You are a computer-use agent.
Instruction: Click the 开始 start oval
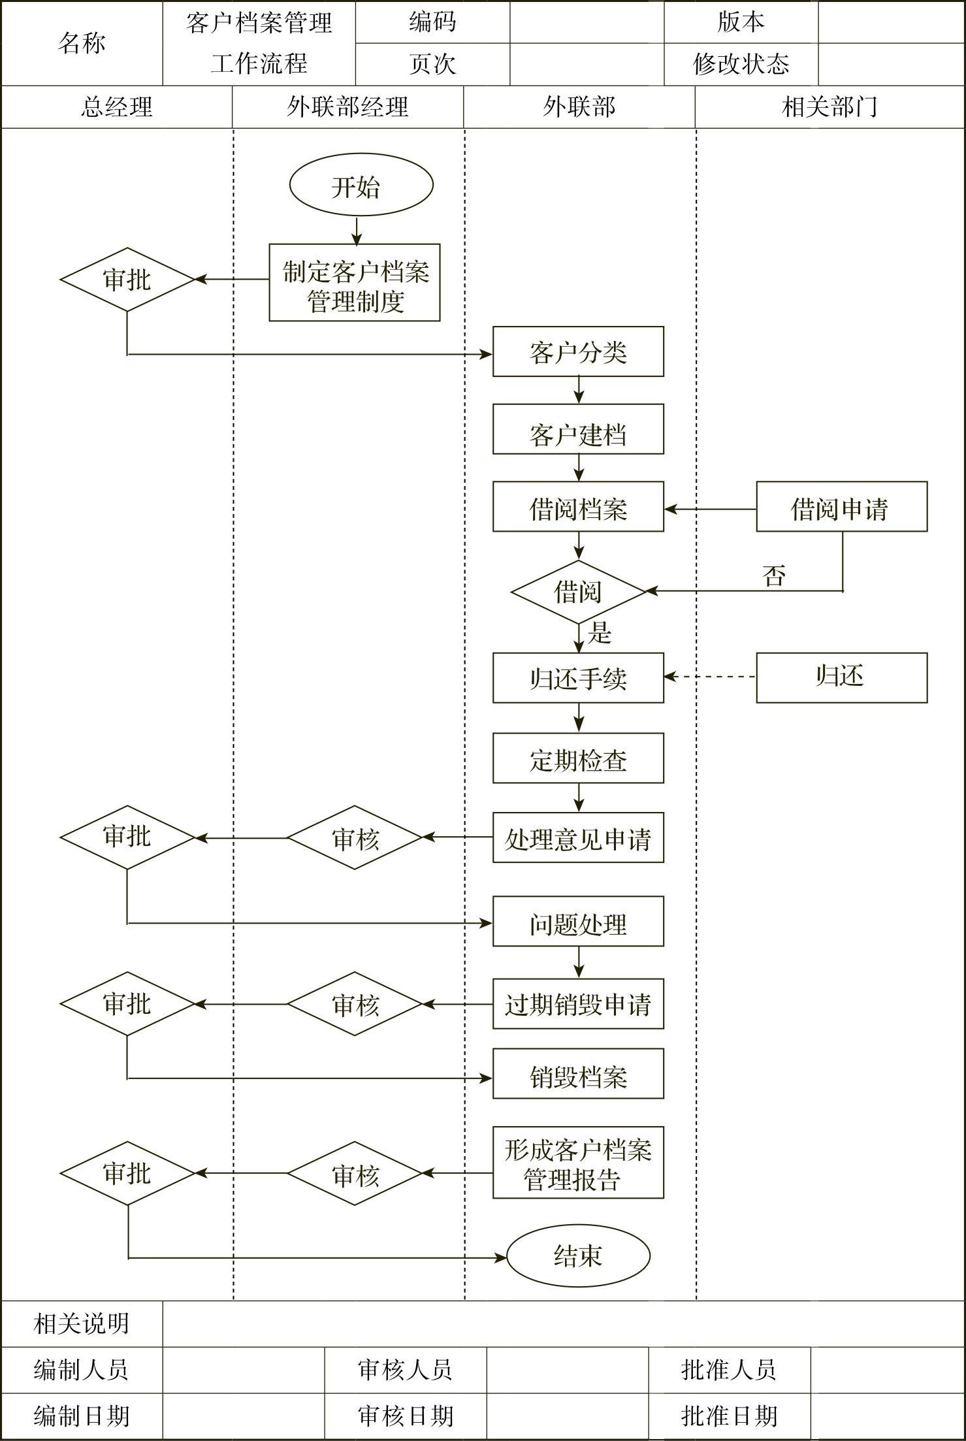(x=361, y=185)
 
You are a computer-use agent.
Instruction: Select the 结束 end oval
(x=578, y=1255)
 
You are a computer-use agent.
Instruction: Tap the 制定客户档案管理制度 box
(x=355, y=283)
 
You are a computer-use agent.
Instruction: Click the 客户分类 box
(x=578, y=352)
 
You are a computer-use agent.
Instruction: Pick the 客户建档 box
(x=578, y=429)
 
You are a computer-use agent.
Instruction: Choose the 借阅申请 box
(x=841, y=507)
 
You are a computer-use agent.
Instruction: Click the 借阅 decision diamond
(x=578, y=592)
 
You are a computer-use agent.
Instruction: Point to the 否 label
(x=773, y=575)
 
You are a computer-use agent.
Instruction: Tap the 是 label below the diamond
(x=599, y=633)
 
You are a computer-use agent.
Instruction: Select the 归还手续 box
(x=578, y=678)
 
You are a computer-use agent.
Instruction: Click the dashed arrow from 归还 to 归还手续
(x=710, y=677)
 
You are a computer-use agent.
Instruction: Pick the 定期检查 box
(x=578, y=758)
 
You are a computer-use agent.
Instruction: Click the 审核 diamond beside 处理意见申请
(x=355, y=837)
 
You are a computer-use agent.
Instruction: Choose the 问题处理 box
(x=578, y=922)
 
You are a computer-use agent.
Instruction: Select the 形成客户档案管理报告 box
(x=578, y=1163)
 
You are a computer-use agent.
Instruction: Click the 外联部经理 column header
(x=347, y=107)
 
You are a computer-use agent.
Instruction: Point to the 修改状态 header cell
(x=741, y=64)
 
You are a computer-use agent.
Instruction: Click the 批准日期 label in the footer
(x=729, y=1416)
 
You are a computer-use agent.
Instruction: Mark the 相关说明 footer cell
(x=82, y=1323)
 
